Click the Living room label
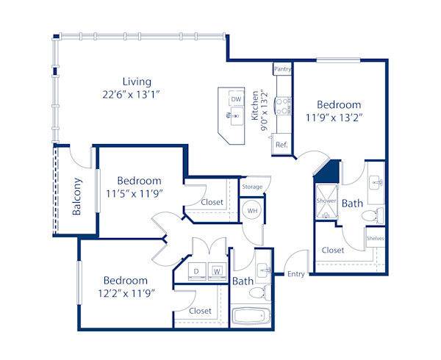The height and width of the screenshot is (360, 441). click(x=137, y=81)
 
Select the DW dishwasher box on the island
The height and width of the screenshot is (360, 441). click(x=236, y=99)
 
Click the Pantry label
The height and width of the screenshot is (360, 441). click(x=282, y=69)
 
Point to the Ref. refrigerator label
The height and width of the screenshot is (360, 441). click(x=281, y=145)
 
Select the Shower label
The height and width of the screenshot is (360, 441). click(x=326, y=200)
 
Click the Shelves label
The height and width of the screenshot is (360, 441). click(x=375, y=239)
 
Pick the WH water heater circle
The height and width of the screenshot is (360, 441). click(x=251, y=211)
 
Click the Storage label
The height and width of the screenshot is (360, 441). click(x=252, y=187)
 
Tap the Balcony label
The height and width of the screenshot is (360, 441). click(x=76, y=197)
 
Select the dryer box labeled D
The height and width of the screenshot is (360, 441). click(x=196, y=270)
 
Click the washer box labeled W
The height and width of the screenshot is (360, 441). click(x=217, y=270)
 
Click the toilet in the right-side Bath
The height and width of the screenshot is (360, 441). click(x=376, y=215)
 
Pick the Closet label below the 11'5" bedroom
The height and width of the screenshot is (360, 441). click(x=212, y=202)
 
